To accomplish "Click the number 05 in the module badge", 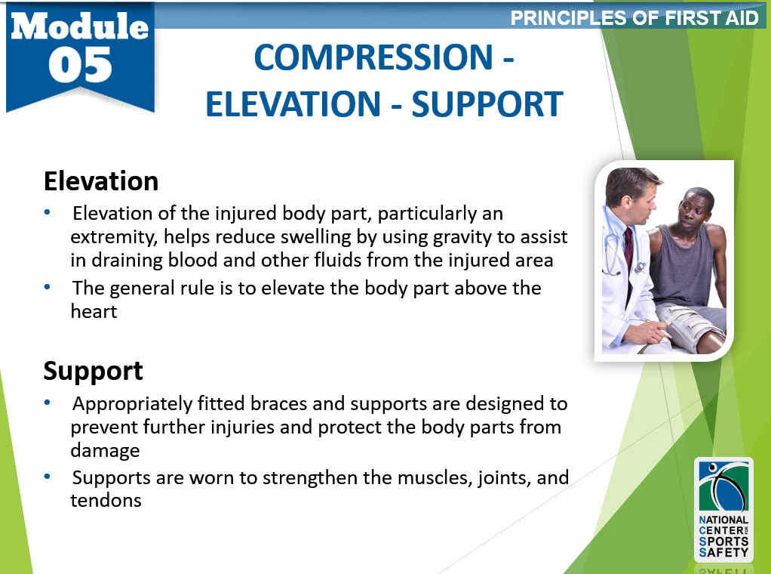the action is click(80, 65).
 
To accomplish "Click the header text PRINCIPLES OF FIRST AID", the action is click(634, 18).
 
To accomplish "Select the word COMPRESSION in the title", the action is click(373, 57).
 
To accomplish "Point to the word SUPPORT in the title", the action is click(487, 104).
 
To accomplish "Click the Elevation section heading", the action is click(101, 181).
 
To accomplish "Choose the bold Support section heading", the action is click(93, 371).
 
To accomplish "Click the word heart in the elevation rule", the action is click(94, 311).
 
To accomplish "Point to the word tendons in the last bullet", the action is click(106, 500).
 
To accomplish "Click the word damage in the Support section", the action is click(105, 451).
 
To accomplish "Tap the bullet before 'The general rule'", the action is click(48, 287).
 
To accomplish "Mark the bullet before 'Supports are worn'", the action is click(48, 477).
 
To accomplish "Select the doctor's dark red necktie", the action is click(628, 261).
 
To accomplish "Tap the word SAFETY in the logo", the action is click(723, 552).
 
